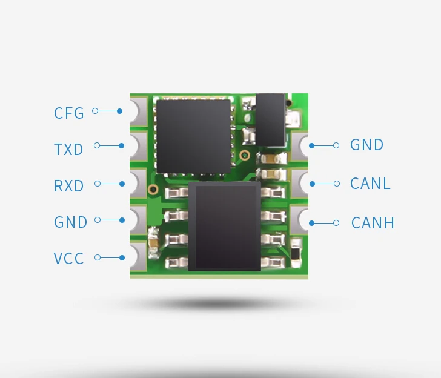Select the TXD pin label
pos(68,149)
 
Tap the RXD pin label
pos(69,185)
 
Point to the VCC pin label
pos(68,259)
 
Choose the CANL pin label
pos(370,183)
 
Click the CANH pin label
pos(373,223)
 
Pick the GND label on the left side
pos(71,222)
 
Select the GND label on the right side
pos(367,145)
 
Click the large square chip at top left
pos(193,135)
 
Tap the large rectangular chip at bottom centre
pos(225,226)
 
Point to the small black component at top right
pos(271,119)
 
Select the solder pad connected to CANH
pos(300,221)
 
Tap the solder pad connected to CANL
pos(300,182)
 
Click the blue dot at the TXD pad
pos(122,146)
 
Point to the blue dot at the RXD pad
pos(122,183)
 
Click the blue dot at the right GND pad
pos(312,145)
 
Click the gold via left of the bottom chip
pos(153,190)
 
